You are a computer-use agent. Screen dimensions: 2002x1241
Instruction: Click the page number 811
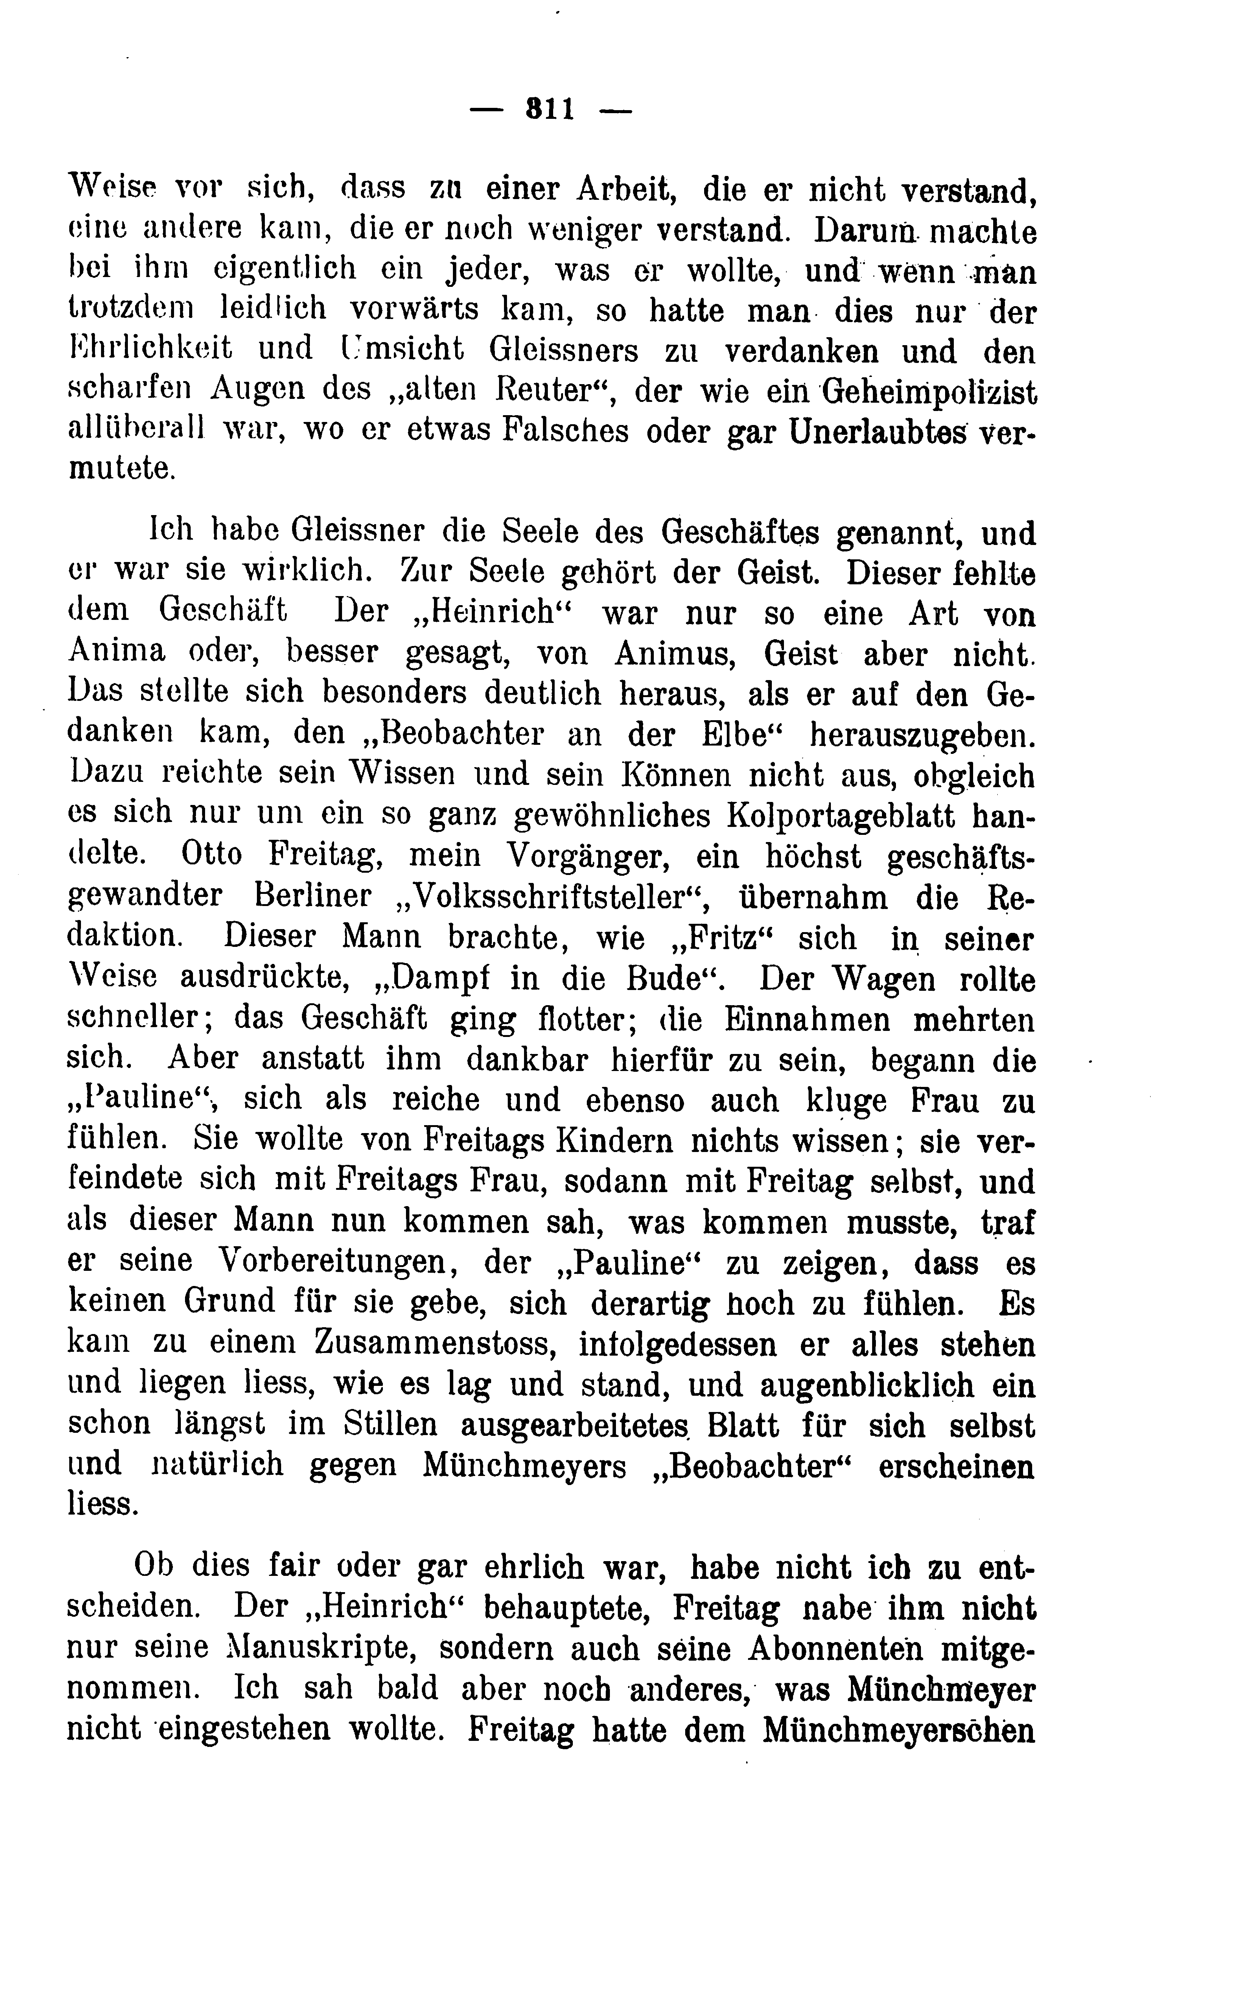(x=550, y=109)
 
